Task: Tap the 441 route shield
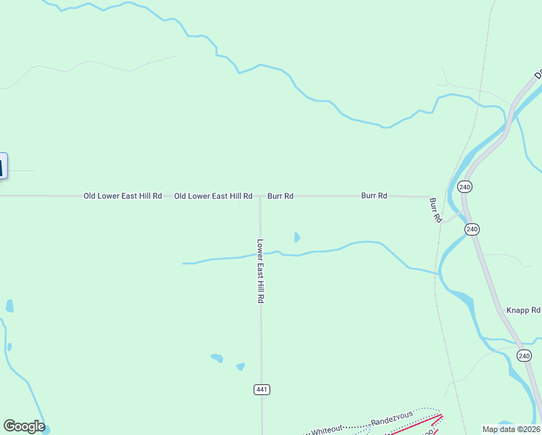(262, 389)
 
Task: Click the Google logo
(24, 426)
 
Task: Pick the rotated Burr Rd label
(435, 210)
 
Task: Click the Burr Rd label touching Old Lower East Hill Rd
(280, 196)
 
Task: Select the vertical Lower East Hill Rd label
(260, 271)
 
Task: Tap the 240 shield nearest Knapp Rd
(525, 355)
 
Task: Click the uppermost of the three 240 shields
(464, 187)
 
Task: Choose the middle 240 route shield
(472, 229)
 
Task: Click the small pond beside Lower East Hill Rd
(296, 237)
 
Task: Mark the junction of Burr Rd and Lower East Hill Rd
(260, 196)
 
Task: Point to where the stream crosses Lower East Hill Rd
(261, 254)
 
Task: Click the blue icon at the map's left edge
(3, 166)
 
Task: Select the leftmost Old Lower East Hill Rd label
(122, 196)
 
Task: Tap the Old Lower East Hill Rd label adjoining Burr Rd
(213, 196)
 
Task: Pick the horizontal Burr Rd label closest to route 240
(375, 196)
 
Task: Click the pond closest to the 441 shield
(241, 367)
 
